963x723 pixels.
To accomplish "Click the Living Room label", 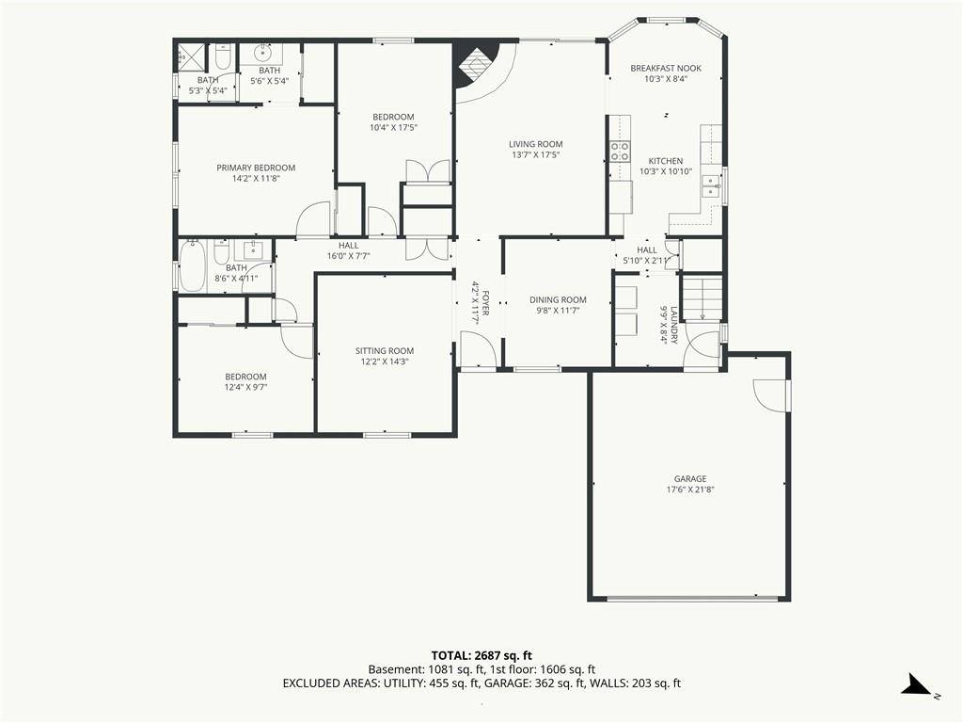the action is coord(535,144).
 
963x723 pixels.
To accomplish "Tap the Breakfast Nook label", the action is coord(666,68).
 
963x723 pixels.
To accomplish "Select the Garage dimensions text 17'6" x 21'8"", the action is coord(690,490).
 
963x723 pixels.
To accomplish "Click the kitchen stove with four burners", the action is coord(620,152).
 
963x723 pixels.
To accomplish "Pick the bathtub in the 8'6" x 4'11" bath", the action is coord(192,266).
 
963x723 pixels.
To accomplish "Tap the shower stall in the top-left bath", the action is coord(191,57).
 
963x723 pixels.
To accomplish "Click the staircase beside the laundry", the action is coord(703,298).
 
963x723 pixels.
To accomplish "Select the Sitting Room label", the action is coord(385,351).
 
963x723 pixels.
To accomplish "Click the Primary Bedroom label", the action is coord(256,168).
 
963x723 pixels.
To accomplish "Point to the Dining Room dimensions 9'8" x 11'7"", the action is coord(558,311).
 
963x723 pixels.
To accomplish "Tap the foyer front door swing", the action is coord(478,349).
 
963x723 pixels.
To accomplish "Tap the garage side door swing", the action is coord(770,394).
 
